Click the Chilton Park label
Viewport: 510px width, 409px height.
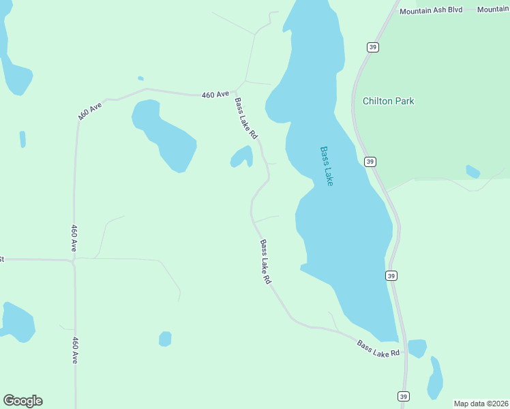coord(388,101)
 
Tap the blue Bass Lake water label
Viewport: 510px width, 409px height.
coord(327,166)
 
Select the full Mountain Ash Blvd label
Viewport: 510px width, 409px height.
coord(431,10)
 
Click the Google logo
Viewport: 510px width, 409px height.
coord(22,401)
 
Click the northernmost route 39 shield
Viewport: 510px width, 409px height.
coord(372,47)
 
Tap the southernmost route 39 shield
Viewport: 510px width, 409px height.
coord(404,396)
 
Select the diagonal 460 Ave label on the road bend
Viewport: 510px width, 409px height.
coord(89,112)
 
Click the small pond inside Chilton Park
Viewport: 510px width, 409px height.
coord(472,171)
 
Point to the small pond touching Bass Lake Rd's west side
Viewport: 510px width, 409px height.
coord(241,157)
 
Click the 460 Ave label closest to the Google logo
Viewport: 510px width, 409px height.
coord(74,350)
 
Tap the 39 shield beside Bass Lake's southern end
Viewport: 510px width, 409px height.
coord(391,275)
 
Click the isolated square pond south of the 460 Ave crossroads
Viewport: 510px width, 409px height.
coord(165,339)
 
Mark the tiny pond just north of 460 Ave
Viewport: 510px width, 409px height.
coord(140,78)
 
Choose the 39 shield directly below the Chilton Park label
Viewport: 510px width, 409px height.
coord(370,162)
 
